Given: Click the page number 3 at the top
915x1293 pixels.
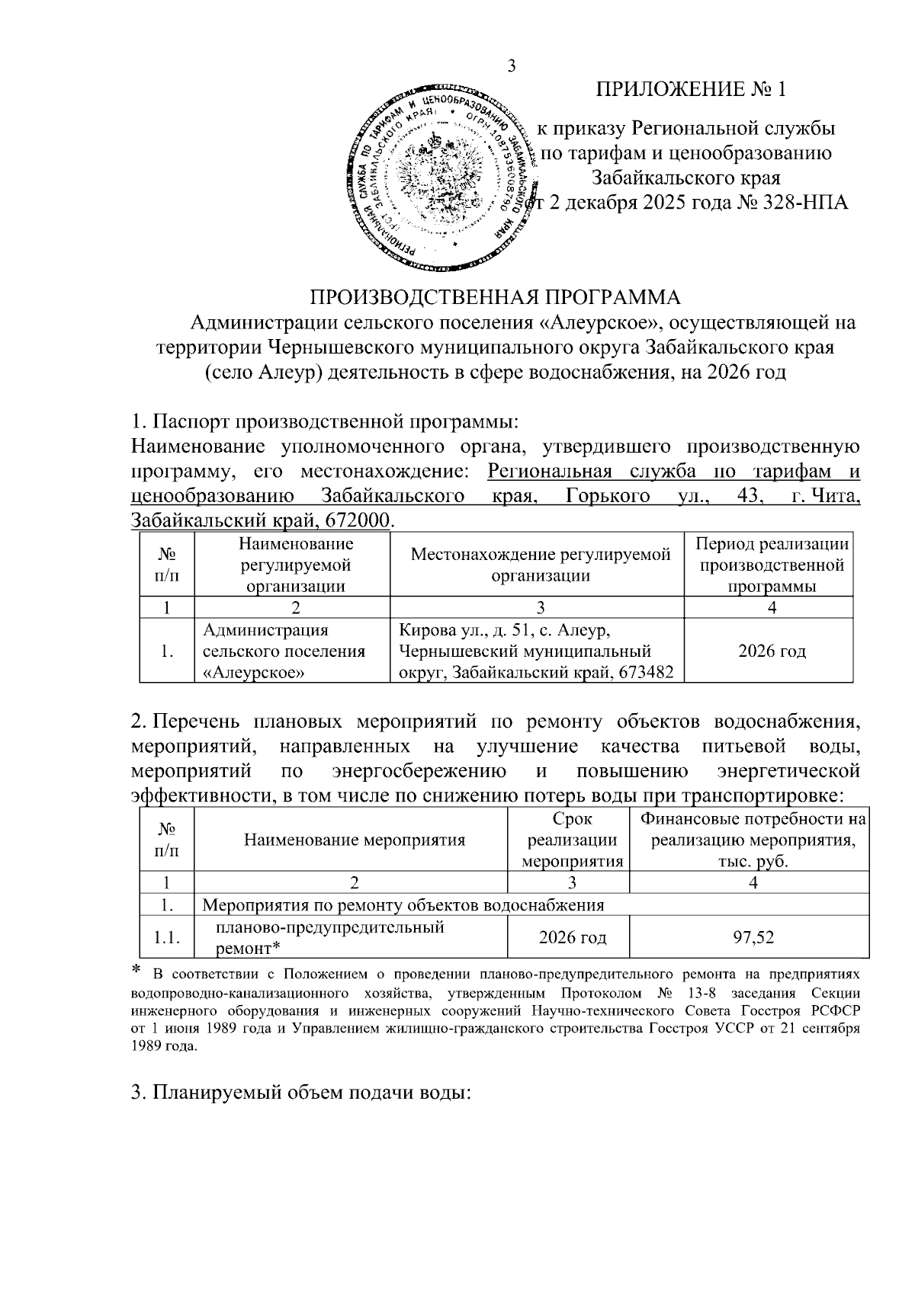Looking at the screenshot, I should pos(512,66).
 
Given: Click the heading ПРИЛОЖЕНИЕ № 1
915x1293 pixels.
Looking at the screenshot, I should pos(690,91).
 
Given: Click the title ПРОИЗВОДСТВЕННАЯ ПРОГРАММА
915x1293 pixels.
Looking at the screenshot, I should pos(494,296).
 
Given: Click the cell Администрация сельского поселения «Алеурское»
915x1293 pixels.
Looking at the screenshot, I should pos(284,651).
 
